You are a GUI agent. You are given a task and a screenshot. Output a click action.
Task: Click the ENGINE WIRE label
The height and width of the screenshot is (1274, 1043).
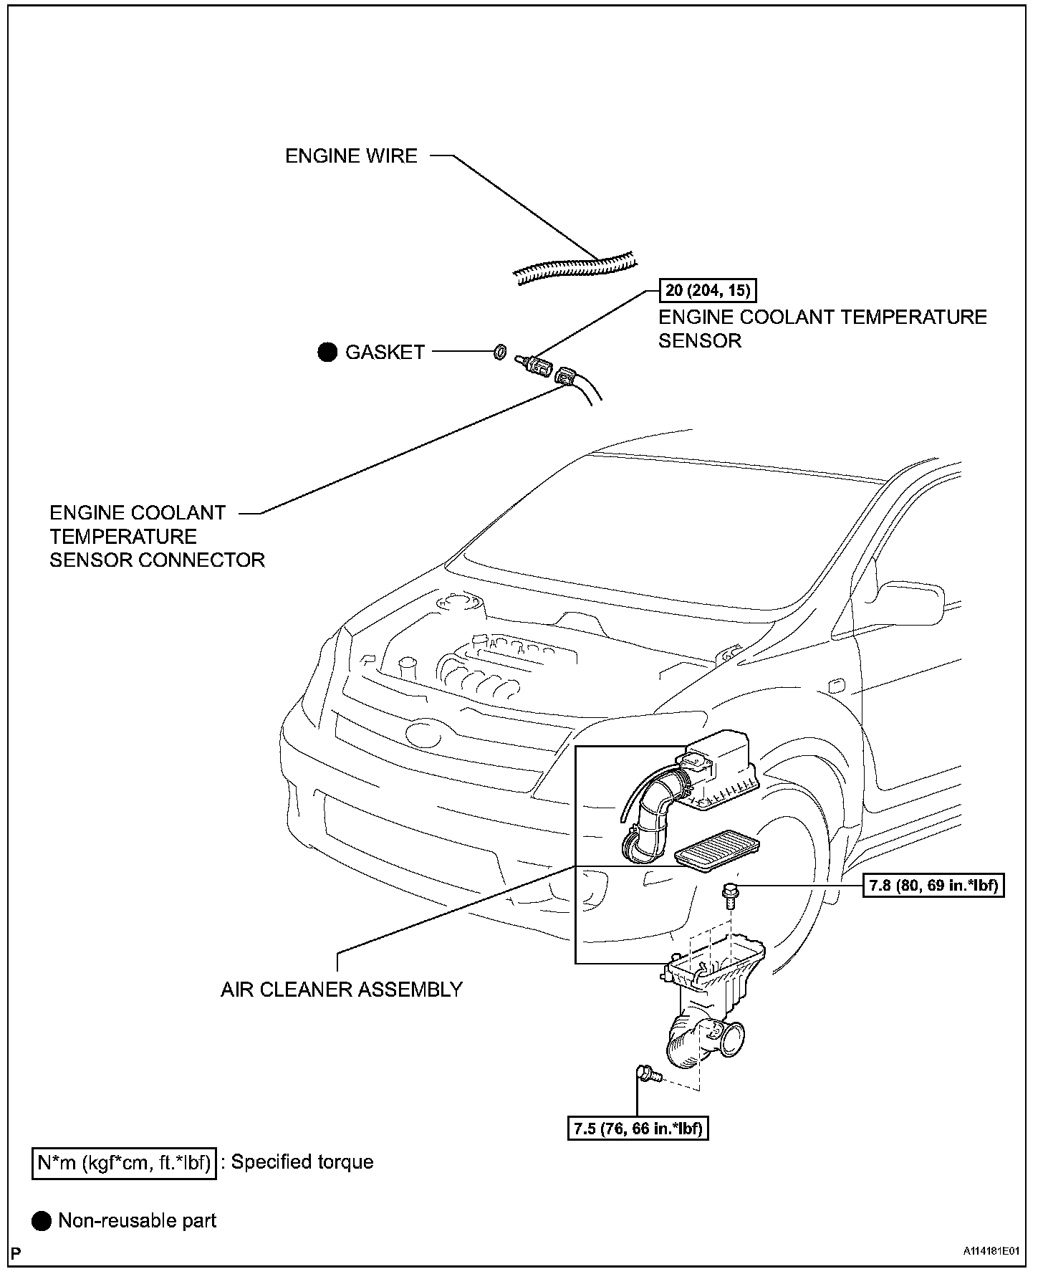pyautogui.click(x=351, y=155)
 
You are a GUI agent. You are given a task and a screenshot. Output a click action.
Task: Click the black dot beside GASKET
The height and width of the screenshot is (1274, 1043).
pyautogui.click(x=327, y=352)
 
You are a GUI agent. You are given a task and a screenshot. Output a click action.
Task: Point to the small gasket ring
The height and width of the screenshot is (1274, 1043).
pyautogui.click(x=499, y=352)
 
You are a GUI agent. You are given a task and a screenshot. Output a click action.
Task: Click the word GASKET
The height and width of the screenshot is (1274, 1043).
pyautogui.click(x=385, y=352)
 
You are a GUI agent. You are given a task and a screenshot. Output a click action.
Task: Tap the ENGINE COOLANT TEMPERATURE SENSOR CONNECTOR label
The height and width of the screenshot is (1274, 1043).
pyautogui.click(x=157, y=536)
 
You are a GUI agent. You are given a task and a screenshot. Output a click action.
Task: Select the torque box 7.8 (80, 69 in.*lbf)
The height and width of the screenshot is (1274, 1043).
pyautogui.click(x=933, y=886)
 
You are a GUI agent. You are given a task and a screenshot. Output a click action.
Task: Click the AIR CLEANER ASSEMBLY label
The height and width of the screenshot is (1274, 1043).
pyautogui.click(x=342, y=990)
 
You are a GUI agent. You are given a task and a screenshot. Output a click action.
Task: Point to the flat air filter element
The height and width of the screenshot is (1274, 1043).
pyautogui.click(x=716, y=850)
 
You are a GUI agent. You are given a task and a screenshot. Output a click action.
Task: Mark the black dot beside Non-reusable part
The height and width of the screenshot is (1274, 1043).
pyautogui.click(x=42, y=1221)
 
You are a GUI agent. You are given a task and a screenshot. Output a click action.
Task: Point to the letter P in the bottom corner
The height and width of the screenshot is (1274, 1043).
pyautogui.click(x=16, y=1253)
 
